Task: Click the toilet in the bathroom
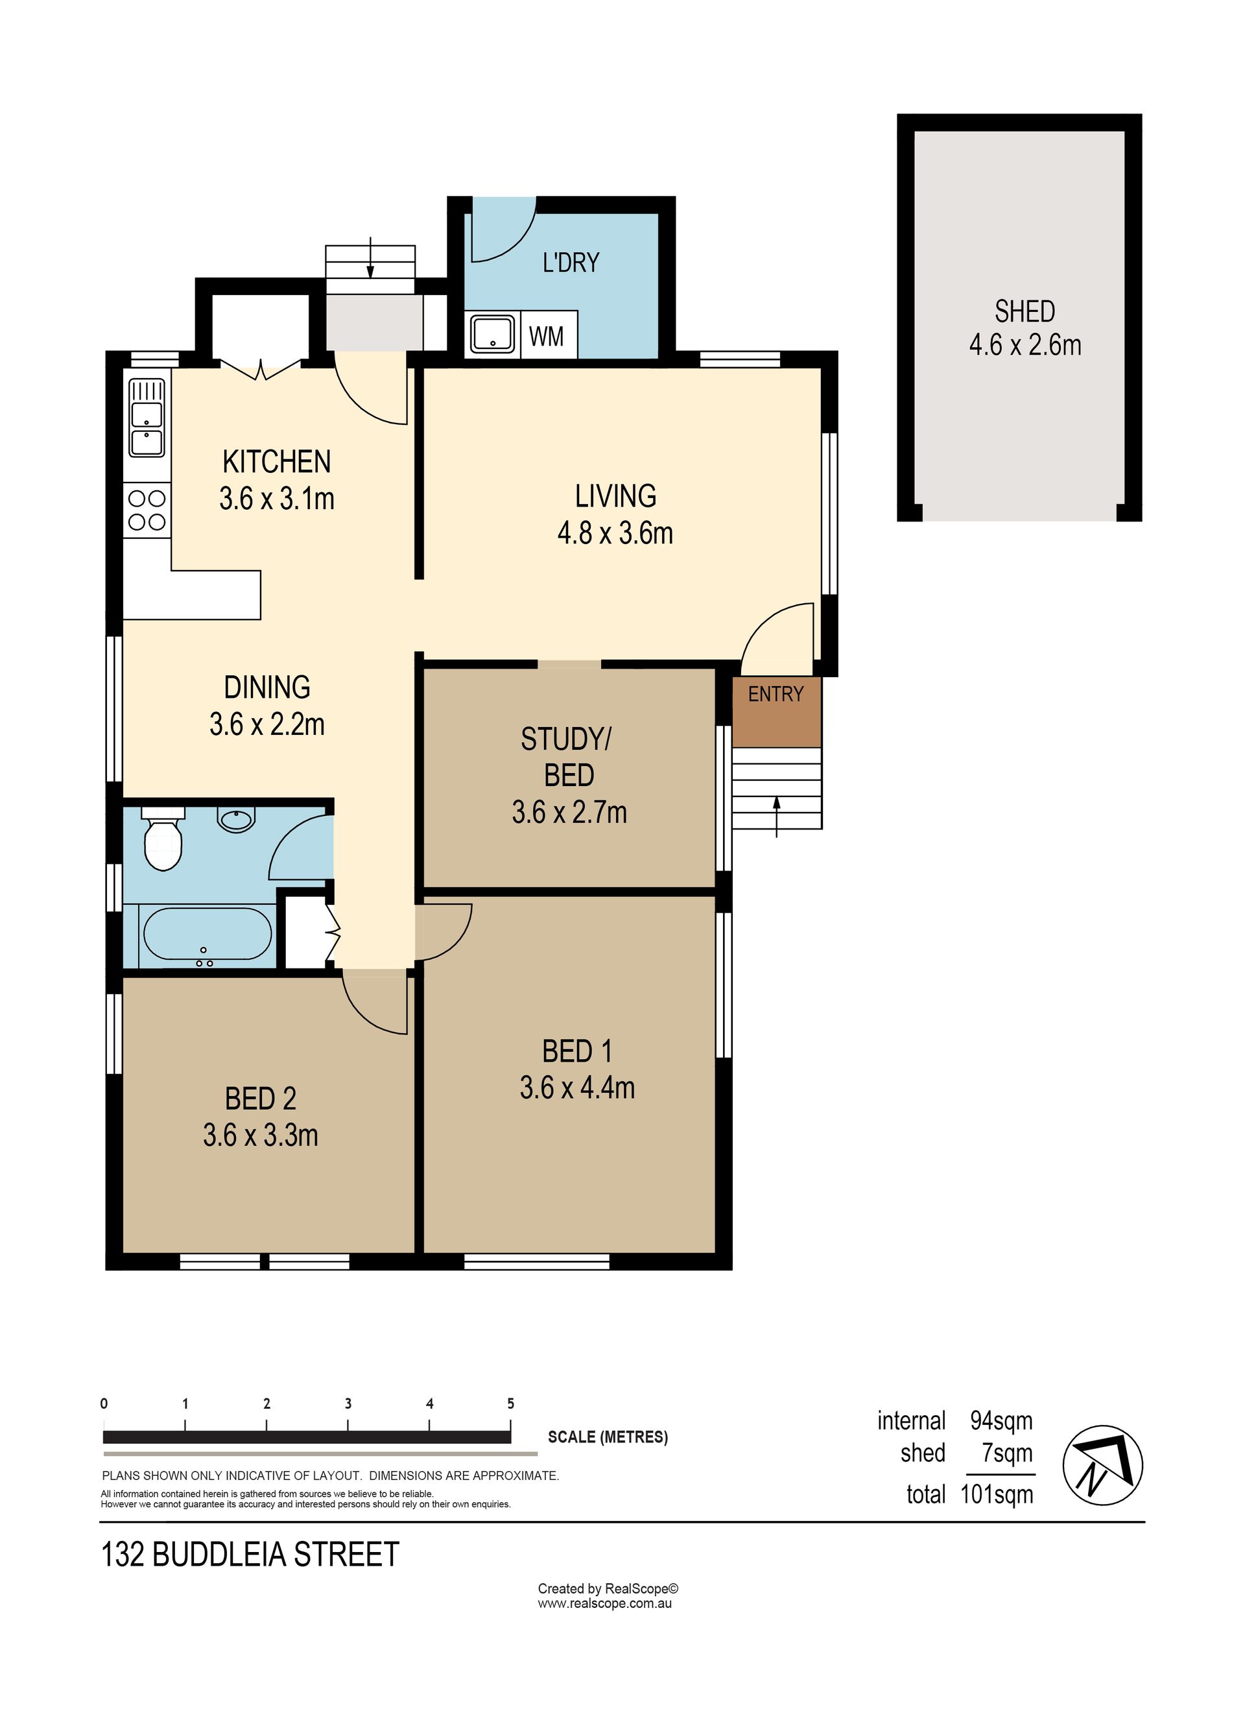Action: click(163, 839)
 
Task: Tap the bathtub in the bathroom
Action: click(207, 935)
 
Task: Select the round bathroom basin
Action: click(237, 819)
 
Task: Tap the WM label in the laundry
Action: click(547, 336)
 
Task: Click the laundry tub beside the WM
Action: click(493, 334)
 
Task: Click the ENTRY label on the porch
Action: click(776, 695)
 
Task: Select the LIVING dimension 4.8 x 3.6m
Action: click(615, 534)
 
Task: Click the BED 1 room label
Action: click(577, 1051)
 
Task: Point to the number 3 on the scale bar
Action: click(348, 1404)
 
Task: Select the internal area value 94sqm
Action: click(1002, 1421)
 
